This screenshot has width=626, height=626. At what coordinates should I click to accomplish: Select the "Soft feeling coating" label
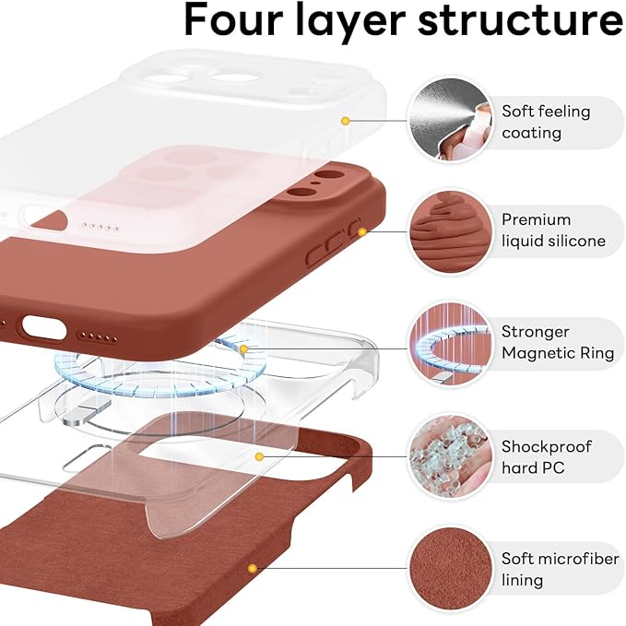point(545,122)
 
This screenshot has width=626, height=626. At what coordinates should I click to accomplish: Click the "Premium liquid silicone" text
point(553,230)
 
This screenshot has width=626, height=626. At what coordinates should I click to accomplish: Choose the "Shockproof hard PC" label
point(547,457)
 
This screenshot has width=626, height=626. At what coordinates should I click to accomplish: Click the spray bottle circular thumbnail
point(449,120)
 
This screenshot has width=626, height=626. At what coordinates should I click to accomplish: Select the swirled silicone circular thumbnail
point(449,230)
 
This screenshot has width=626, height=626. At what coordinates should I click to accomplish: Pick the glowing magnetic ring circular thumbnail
point(449,343)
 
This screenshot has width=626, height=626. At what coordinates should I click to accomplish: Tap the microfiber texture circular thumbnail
point(449,569)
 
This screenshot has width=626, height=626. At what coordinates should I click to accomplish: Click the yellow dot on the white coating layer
point(345,121)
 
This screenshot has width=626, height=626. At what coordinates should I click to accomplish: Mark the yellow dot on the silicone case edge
point(361,231)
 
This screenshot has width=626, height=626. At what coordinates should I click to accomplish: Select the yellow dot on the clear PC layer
point(260,456)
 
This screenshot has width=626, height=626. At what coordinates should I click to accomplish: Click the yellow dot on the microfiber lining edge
point(251,569)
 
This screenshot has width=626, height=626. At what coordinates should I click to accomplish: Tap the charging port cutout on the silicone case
point(41,327)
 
